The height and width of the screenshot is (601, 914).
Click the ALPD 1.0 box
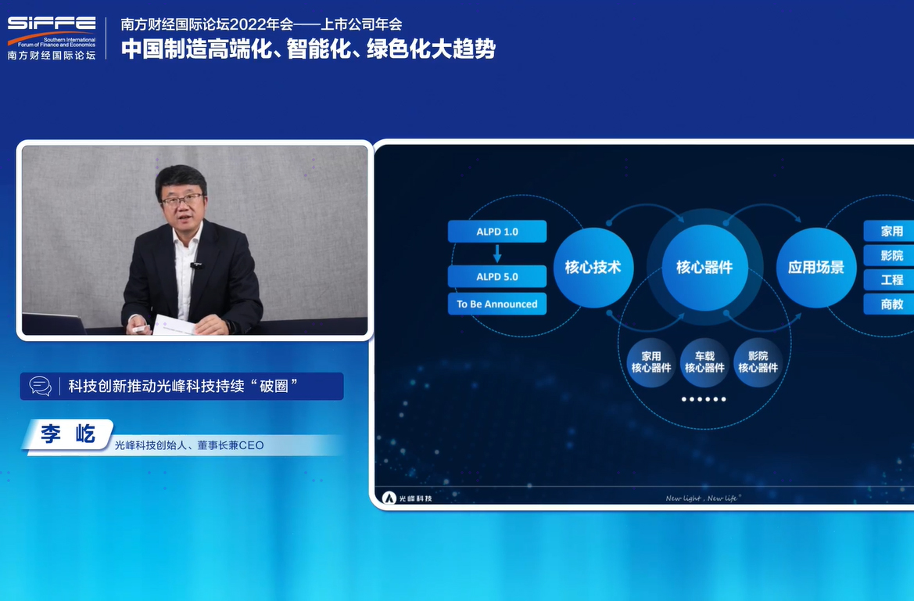coord(497,232)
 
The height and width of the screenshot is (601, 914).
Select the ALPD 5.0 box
coord(497,277)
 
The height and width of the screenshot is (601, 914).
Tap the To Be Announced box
coord(497,304)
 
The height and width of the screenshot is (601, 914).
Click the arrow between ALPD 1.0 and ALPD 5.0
coord(497,254)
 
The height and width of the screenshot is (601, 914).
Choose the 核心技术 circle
coord(593,267)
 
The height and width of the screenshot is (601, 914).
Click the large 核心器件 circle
coord(704,267)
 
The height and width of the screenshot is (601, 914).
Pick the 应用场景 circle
coord(815,267)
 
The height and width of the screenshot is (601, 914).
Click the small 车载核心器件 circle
coord(704,362)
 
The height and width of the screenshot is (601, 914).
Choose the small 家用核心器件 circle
coord(651,362)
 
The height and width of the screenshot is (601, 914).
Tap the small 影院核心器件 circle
coord(758,362)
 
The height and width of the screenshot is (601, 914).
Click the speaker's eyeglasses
coord(181,200)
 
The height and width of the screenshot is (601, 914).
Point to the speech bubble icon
coord(40,386)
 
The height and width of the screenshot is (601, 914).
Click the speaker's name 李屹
coord(68,434)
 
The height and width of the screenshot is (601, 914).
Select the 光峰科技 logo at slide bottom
coord(407,498)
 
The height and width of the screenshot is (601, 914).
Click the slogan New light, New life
coord(702,498)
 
